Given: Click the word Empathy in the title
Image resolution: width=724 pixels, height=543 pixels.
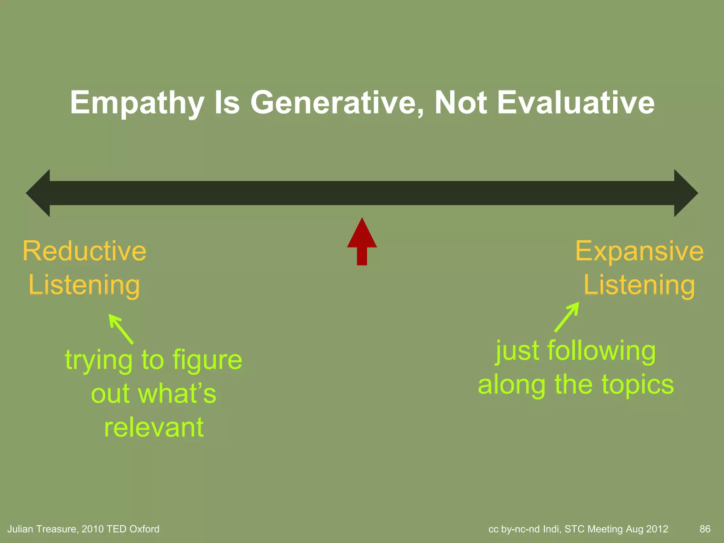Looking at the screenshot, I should [x=137, y=103].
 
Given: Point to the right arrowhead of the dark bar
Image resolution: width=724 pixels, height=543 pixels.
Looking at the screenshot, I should [x=685, y=193].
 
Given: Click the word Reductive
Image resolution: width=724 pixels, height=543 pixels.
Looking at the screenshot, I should [x=84, y=251].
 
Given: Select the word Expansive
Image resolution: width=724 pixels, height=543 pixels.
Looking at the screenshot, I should [x=640, y=251].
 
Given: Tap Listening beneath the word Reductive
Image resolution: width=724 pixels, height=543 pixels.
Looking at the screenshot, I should [x=84, y=285].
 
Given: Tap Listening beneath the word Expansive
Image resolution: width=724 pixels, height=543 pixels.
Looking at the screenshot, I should [x=639, y=285].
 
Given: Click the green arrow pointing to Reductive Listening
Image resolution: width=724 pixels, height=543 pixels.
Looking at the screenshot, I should [x=121, y=329].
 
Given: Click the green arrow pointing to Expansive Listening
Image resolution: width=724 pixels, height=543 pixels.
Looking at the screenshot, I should [x=567, y=317].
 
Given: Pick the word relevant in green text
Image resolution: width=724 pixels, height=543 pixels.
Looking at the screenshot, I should [x=154, y=427].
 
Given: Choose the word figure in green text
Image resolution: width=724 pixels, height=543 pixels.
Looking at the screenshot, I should [x=208, y=360].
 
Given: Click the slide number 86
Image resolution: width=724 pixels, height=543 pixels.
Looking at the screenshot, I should [x=705, y=529].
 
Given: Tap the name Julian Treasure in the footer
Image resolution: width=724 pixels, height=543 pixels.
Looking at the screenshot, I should [x=42, y=529].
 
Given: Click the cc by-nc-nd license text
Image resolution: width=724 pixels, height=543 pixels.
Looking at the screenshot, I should [x=514, y=529].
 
